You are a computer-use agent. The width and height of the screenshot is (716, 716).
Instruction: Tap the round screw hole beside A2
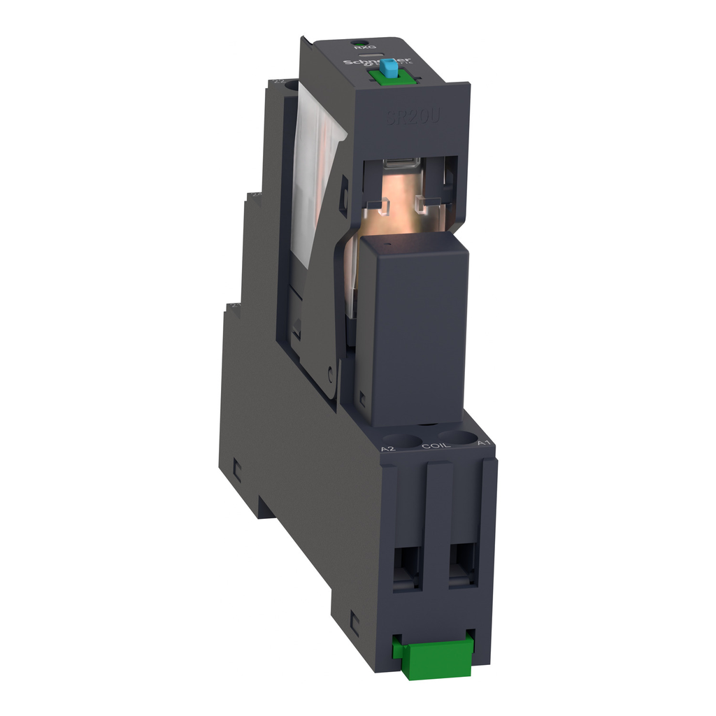(402, 440)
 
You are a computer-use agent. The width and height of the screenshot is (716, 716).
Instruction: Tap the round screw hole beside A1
(457, 437)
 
